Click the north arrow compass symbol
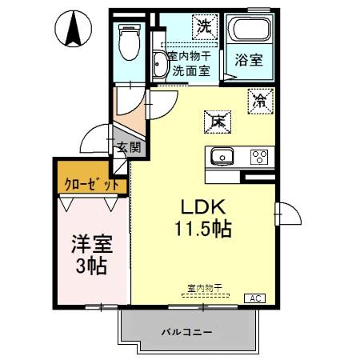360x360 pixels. [x=74, y=29]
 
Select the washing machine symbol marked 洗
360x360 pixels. [x=205, y=26]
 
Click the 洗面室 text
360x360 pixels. [x=190, y=70]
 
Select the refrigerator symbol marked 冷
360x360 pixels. [x=260, y=100]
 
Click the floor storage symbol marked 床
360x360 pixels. [x=216, y=121]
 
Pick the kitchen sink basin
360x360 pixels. [x=222, y=156]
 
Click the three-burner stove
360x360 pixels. [x=259, y=156]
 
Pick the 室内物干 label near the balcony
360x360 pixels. [x=205, y=287]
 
